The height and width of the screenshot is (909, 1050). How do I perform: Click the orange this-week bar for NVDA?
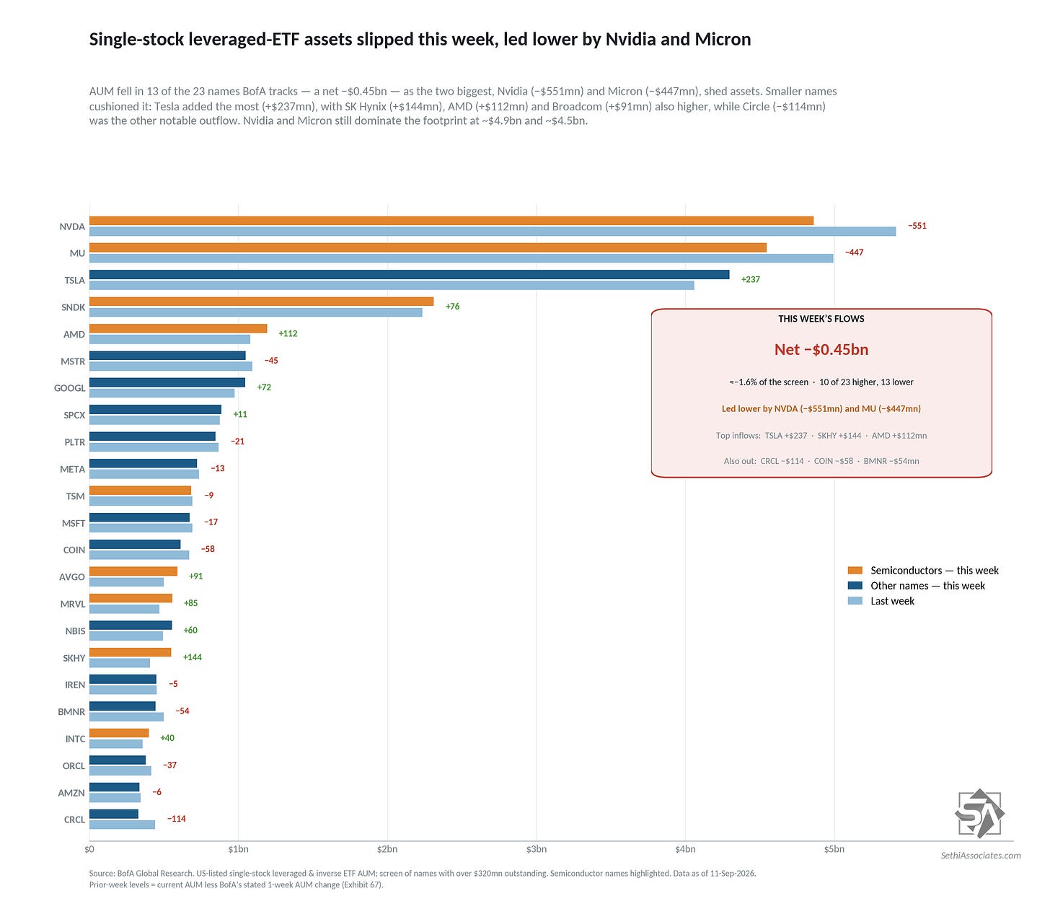[451, 221]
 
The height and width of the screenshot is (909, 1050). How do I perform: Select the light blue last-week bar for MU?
[462, 258]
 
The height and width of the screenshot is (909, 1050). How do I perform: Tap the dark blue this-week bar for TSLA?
[410, 274]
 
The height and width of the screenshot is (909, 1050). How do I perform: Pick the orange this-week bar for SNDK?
[262, 302]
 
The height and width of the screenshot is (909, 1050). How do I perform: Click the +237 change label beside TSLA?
[750, 279]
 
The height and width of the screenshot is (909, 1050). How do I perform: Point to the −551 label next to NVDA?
[917, 226]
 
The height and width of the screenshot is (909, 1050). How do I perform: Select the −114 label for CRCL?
[176, 819]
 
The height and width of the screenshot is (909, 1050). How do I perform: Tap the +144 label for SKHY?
[193, 657]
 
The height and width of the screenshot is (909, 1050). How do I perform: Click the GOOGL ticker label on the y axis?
[70, 388]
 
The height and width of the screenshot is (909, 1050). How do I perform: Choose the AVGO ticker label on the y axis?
[71, 577]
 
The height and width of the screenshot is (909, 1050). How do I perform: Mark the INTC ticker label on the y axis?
[75, 739]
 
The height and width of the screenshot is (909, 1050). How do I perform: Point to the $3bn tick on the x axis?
[537, 849]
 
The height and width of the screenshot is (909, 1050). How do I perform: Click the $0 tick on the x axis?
[89, 849]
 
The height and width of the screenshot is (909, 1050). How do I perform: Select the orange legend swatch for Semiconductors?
[855, 570]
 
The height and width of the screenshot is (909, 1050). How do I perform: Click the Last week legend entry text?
[892, 601]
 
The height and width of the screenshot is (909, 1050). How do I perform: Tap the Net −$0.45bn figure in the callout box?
[821, 350]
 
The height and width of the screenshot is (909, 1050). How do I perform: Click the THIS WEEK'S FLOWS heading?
[821, 319]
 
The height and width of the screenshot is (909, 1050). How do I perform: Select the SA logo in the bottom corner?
[979, 814]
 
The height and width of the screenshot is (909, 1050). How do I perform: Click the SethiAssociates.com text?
[980, 855]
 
